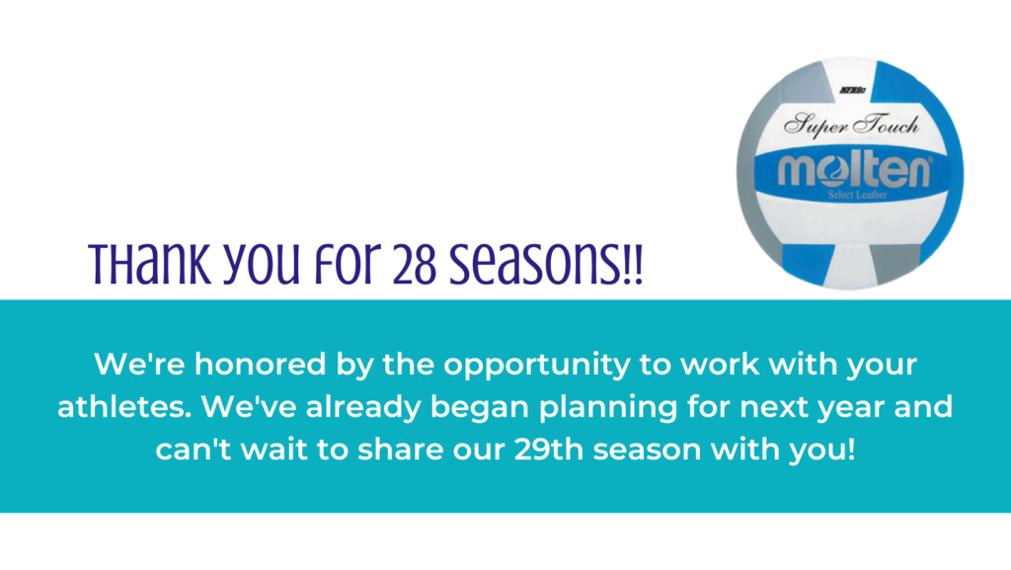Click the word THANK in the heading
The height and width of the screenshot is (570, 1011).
coord(150,264)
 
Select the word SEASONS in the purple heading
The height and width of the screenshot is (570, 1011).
coord(534,265)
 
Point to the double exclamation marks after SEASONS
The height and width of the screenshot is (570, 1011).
coord(632,265)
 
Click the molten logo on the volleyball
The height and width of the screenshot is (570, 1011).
coord(854,171)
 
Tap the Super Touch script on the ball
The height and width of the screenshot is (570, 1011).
coord(851,123)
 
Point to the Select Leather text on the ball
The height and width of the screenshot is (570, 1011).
coord(858,195)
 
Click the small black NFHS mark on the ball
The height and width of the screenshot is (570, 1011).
coord(852,90)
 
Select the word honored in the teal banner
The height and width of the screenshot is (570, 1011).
coord(261,365)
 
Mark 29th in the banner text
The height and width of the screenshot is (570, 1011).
coord(549,449)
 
